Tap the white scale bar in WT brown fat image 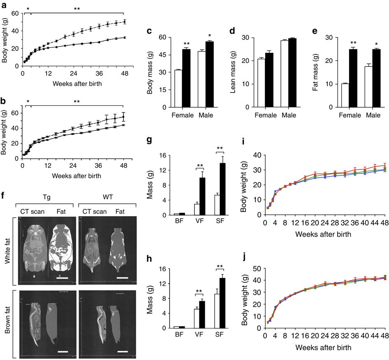(123, 340)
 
